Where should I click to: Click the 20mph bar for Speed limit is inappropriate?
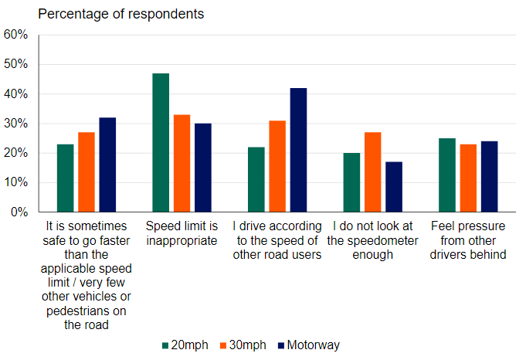pyautogui.click(x=161, y=143)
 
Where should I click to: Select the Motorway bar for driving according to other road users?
pyautogui.click(x=298, y=150)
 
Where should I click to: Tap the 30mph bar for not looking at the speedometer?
pyautogui.click(x=372, y=172)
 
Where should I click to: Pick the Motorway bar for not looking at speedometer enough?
pyautogui.click(x=394, y=187)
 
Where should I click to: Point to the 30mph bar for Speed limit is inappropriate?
pyautogui.click(x=182, y=163)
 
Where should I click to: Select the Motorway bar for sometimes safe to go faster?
pyautogui.click(x=107, y=165)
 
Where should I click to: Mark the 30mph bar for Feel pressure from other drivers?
pyautogui.click(x=468, y=178)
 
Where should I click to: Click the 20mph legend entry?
pyautogui.click(x=185, y=345)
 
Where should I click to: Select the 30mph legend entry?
pyautogui.click(x=243, y=345)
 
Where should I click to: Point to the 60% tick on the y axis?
pyautogui.click(x=16, y=35)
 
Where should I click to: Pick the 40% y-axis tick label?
pyautogui.click(x=16, y=94)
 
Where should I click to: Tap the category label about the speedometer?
pyautogui.click(x=372, y=240)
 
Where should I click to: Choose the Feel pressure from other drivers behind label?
pyautogui.click(x=468, y=240)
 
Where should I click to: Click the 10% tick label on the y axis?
pyautogui.click(x=16, y=182)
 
